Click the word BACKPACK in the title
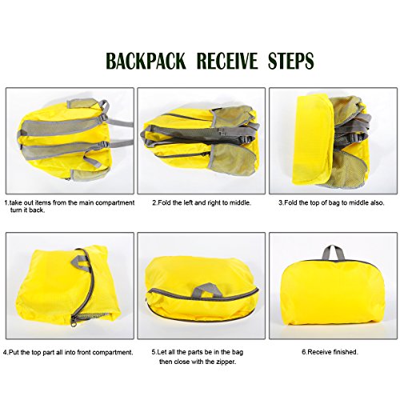146,61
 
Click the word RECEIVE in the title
227,61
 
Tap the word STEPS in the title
290,61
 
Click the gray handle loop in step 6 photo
334,254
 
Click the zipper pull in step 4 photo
74,320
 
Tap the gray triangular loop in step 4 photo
79,262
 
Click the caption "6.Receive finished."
330,352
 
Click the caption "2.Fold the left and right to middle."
202,202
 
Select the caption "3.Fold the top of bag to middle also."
331,202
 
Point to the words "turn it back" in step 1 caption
27,210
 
